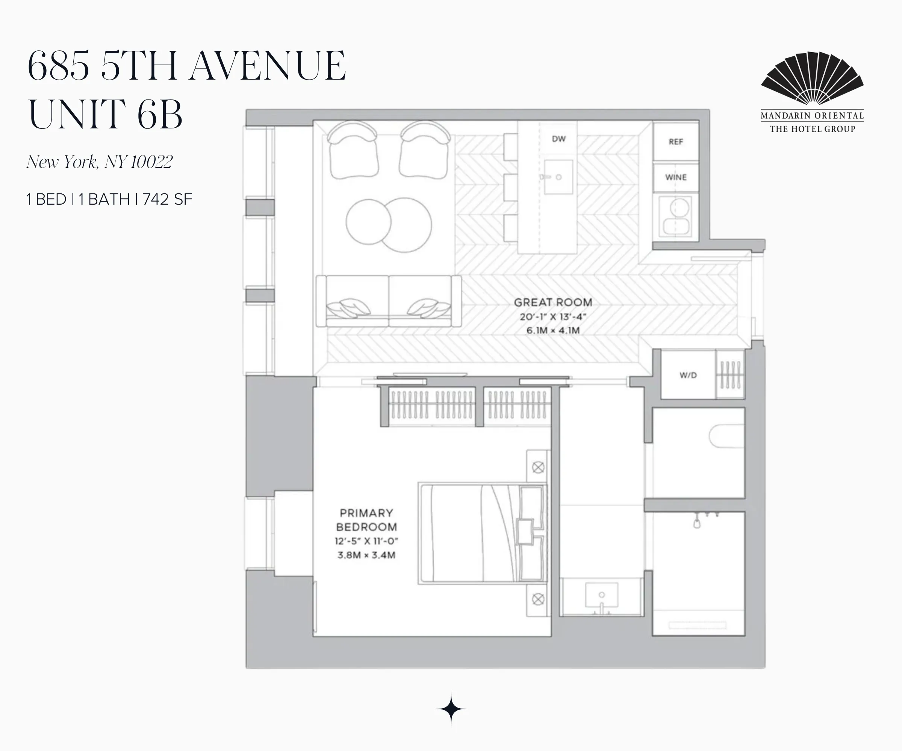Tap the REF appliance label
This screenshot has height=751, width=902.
(676, 142)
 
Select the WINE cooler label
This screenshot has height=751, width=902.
(676, 177)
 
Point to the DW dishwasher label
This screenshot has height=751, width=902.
(558, 139)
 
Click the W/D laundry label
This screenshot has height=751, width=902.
(688, 375)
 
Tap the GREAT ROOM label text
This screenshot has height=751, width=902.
(553, 302)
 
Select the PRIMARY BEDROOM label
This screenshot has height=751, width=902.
(366, 520)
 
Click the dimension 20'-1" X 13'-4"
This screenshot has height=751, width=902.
(553, 317)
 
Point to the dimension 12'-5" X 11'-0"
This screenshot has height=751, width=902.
(366, 541)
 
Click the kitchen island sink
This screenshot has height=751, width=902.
(558, 177)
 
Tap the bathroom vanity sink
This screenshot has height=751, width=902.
(601, 596)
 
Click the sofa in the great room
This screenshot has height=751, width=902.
(388, 301)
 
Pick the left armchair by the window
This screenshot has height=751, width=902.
(353, 150)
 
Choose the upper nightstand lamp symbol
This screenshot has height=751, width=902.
(538, 467)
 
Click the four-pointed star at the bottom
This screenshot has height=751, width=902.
(451, 709)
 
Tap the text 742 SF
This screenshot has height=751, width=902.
(167, 199)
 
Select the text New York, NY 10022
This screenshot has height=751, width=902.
(99, 162)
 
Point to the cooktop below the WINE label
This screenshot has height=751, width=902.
(676, 217)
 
